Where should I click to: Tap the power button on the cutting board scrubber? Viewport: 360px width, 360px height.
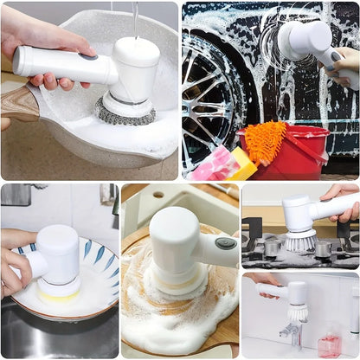[x=225, y=244]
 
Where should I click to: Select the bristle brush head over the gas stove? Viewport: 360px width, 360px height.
[x=299, y=241]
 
